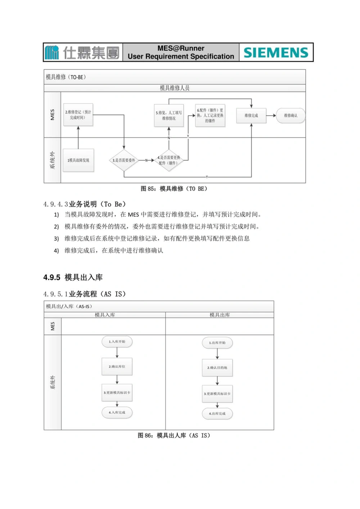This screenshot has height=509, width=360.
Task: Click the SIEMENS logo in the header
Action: tap(276, 53)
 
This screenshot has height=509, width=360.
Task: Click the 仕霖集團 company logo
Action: tap(83, 53)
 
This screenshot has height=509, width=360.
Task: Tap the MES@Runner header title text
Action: tap(181, 53)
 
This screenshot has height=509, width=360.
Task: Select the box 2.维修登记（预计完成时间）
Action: tap(78, 115)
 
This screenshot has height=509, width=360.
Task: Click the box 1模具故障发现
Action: tap(78, 160)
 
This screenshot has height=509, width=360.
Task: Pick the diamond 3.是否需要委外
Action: tap(124, 160)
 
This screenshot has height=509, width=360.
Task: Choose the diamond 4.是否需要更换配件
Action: tap(169, 160)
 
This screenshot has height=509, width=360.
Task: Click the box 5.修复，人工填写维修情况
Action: tap(169, 115)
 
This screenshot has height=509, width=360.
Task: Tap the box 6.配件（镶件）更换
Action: tap(210, 115)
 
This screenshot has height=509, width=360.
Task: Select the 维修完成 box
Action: tap(251, 115)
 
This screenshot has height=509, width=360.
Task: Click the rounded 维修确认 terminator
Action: tap(291, 115)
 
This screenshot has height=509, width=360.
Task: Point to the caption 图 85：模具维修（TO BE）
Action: tap(174, 189)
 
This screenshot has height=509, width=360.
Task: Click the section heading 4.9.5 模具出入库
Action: tap(73, 277)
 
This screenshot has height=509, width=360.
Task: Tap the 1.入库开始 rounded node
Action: tap(117, 342)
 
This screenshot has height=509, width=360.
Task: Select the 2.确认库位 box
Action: tap(117, 367)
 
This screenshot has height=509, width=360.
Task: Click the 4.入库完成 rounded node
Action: tap(117, 413)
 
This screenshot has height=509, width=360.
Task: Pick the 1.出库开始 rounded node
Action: tap(217, 343)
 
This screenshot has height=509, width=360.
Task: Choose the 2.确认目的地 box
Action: tap(217, 368)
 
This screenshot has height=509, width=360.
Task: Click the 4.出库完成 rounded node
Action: tap(217, 414)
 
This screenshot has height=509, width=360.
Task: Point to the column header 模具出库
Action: tap(220, 315)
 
